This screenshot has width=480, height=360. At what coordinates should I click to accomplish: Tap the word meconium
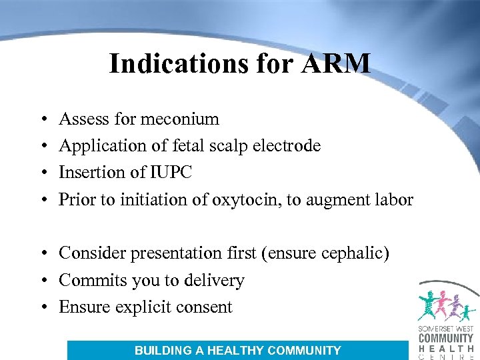(185, 119)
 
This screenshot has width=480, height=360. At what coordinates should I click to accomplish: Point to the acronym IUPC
(171, 173)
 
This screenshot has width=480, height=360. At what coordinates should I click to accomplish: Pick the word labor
(393, 200)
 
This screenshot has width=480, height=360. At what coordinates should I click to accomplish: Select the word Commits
(87, 281)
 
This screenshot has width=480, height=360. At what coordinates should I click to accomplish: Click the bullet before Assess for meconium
(41, 120)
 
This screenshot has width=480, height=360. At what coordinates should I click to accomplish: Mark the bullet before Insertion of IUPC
(41, 173)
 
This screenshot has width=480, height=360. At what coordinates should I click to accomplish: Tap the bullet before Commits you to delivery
(41, 281)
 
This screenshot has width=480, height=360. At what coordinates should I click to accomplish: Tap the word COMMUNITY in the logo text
(446, 338)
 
